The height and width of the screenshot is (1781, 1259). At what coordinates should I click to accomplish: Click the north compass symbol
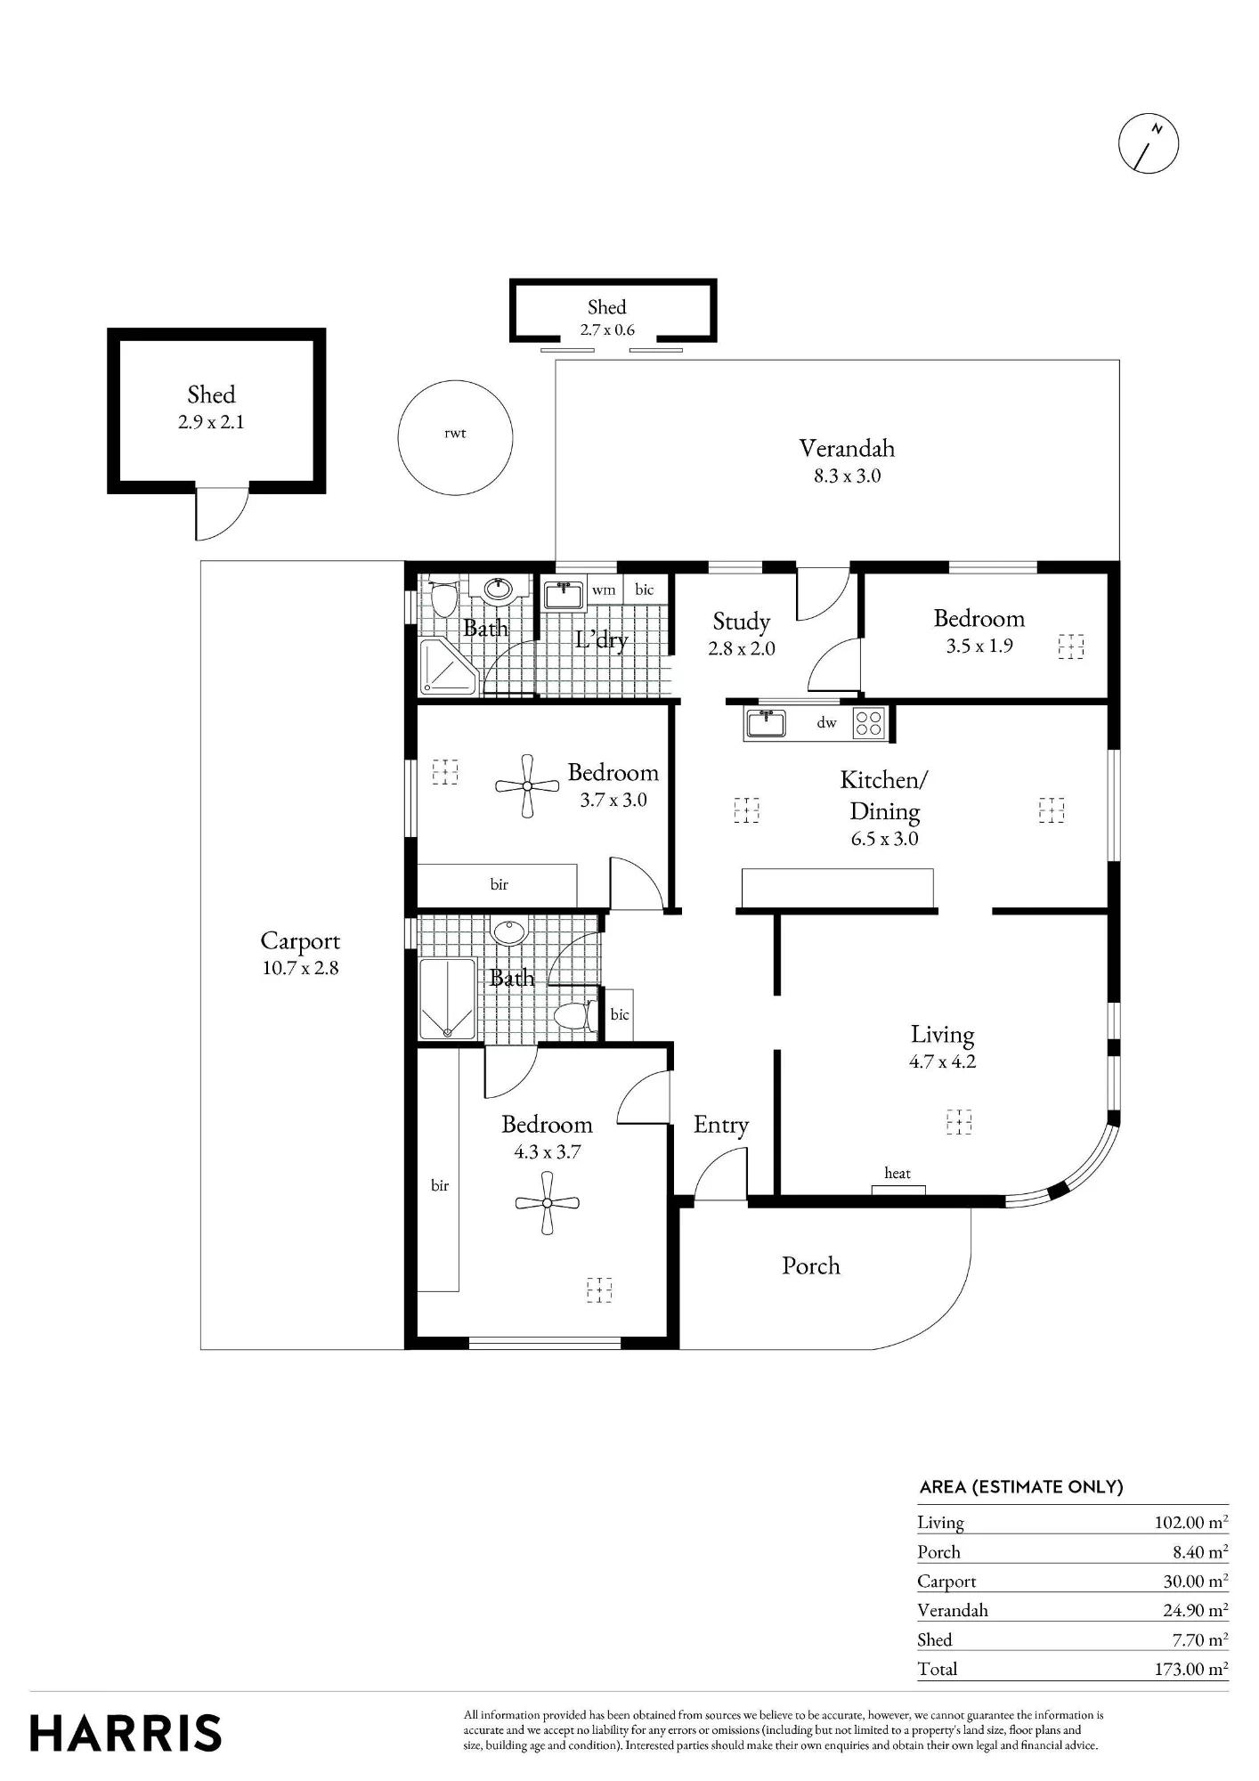[1148, 142]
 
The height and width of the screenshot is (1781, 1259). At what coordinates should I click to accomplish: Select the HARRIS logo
[126, 1733]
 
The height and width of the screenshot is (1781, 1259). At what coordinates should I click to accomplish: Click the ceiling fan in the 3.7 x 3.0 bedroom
[527, 786]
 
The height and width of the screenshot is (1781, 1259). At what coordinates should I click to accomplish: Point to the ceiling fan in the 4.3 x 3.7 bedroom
[547, 1202]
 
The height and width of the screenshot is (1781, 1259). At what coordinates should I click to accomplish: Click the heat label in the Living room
[898, 1173]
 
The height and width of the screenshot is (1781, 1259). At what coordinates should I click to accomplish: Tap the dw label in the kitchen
[827, 723]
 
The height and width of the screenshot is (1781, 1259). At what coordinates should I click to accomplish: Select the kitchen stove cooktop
[869, 722]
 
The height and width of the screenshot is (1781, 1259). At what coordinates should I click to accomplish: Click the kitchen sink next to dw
[766, 723]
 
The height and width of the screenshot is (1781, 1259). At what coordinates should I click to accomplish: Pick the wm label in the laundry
[604, 590]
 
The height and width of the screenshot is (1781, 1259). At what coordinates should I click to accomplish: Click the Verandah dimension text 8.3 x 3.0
[847, 476]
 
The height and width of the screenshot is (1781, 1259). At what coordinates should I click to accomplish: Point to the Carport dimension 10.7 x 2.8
[300, 968]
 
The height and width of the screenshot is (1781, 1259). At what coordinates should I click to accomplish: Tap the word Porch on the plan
[810, 1265]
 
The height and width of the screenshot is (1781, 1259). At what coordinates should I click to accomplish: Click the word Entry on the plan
[721, 1126]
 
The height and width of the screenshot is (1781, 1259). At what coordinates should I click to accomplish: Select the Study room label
[741, 622]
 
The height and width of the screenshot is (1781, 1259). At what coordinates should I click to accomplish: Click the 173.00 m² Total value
[1191, 1669]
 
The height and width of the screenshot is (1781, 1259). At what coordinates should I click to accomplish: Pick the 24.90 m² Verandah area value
[1195, 1610]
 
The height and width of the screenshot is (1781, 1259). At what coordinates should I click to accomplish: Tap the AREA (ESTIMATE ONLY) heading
[1021, 1487]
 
